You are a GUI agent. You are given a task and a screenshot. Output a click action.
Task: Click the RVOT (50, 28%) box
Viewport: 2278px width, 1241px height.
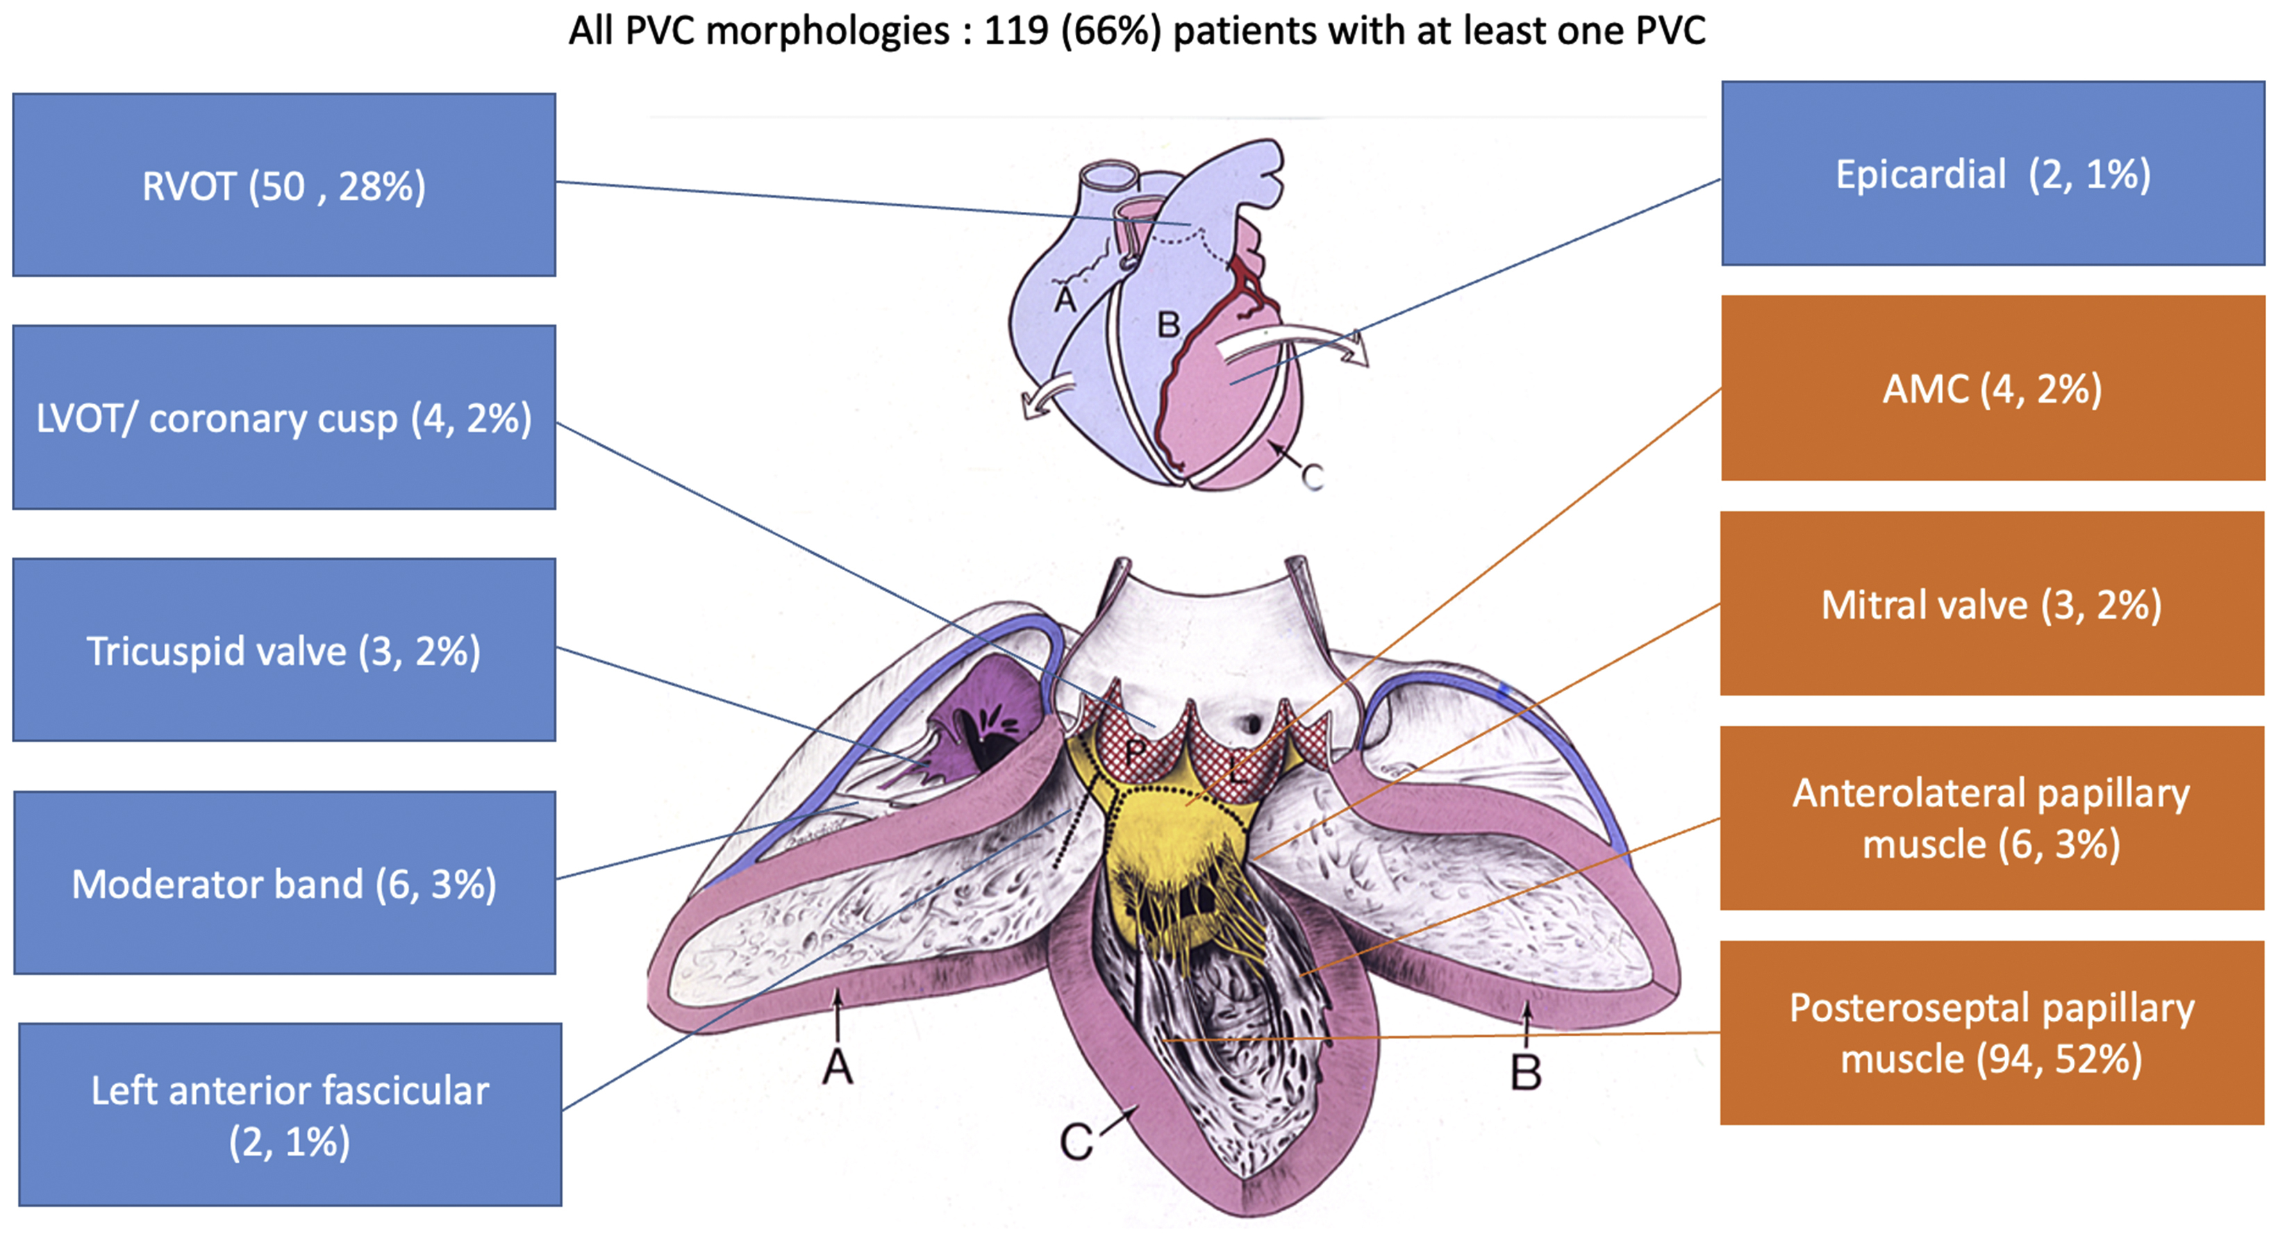click(x=284, y=185)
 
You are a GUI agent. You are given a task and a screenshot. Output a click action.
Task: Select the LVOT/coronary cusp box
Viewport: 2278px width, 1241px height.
click(x=284, y=417)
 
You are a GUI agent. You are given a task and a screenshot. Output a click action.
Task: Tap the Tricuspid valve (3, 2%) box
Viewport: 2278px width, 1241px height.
click(x=284, y=650)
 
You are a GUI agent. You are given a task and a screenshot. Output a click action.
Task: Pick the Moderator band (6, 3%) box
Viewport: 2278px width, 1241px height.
click(x=284, y=883)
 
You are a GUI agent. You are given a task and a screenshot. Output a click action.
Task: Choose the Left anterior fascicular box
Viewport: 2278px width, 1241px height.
click(x=290, y=1115)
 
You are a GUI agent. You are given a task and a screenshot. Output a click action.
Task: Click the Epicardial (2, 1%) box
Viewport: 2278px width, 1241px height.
click(x=1993, y=174)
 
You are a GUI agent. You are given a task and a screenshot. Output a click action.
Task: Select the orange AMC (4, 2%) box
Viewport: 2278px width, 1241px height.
click(x=1993, y=388)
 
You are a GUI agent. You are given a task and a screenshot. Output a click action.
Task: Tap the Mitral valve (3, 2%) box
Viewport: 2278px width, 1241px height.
click(x=1993, y=604)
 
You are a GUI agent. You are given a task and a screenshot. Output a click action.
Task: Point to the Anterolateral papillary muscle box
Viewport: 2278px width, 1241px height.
click(x=1993, y=818)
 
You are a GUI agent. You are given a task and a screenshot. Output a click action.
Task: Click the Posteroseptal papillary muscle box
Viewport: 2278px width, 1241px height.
click(x=1993, y=1032)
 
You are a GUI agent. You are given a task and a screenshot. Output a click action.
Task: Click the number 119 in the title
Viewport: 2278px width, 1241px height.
click(x=1017, y=31)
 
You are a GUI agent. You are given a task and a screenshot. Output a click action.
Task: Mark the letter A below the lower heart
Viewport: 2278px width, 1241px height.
click(x=838, y=1067)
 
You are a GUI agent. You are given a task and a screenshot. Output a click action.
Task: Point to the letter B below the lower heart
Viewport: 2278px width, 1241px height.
click(x=1525, y=1073)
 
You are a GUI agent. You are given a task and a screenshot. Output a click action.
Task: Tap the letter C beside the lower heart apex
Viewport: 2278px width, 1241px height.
click(x=1076, y=1142)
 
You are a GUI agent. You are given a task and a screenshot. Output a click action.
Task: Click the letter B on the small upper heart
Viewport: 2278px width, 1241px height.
click(x=1168, y=324)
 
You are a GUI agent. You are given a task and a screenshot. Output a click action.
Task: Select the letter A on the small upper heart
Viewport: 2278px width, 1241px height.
click(x=1065, y=300)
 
